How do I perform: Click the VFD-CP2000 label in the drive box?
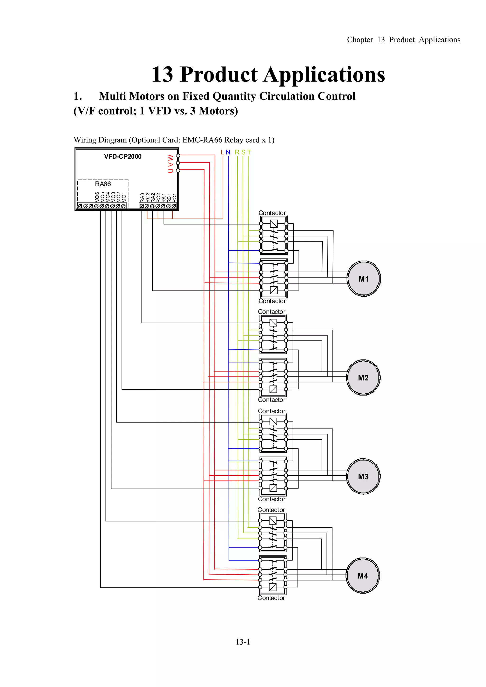[123, 157]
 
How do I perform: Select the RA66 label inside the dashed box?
[103, 184]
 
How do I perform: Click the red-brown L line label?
[223, 152]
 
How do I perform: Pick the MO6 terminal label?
[97, 197]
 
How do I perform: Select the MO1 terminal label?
[124, 197]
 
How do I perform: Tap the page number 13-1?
[243, 642]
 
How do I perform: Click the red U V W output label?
[171, 163]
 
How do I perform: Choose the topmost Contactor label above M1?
[272, 213]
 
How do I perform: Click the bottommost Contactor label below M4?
[271, 598]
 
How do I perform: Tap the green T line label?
[249, 152]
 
